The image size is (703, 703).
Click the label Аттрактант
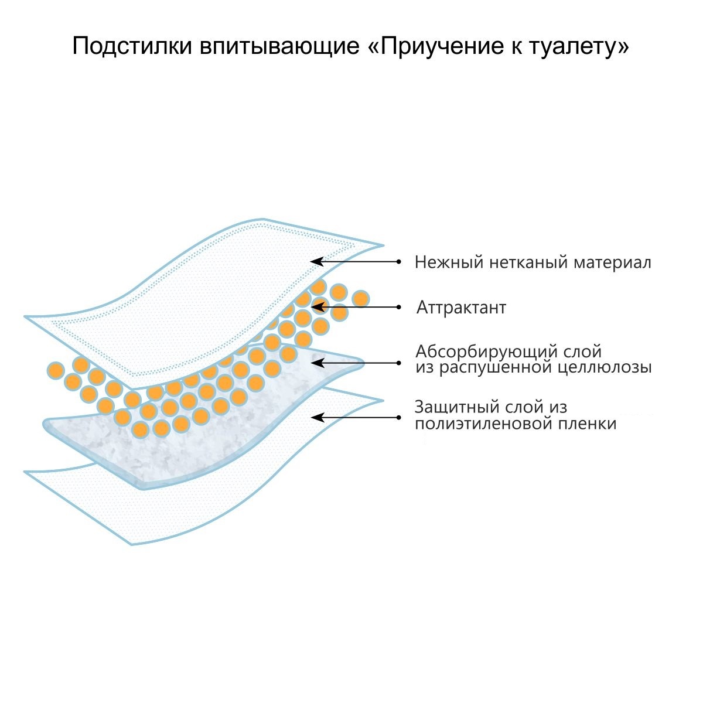[461, 308]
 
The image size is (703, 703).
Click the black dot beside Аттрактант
[399, 306]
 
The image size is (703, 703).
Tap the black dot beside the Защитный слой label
[399, 417]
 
